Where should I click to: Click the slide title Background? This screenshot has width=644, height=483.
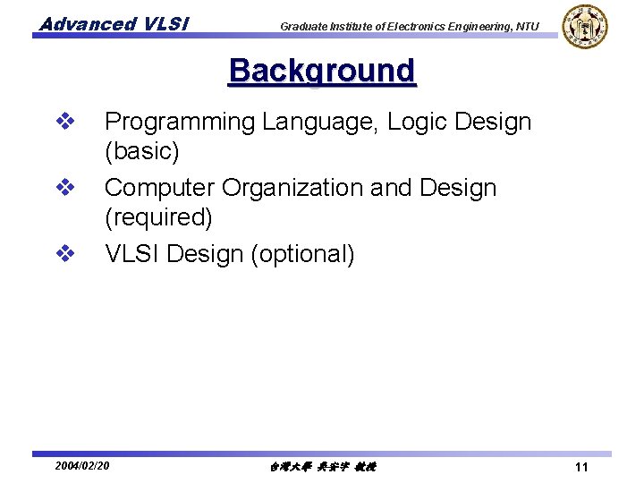click(x=322, y=72)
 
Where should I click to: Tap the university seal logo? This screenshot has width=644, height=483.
click(x=585, y=26)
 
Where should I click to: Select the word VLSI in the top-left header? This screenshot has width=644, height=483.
click(x=165, y=24)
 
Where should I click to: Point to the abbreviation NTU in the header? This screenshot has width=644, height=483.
click(x=527, y=26)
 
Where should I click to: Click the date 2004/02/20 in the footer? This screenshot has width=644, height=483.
click(x=82, y=466)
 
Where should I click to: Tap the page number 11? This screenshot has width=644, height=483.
click(x=581, y=467)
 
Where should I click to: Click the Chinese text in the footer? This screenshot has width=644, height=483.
click(x=322, y=467)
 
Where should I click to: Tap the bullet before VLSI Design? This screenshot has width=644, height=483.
click(x=64, y=254)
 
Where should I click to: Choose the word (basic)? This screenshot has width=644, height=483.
click(x=142, y=152)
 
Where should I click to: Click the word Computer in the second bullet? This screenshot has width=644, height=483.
click(x=159, y=188)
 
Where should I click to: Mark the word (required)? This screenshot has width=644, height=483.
click(x=158, y=218)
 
